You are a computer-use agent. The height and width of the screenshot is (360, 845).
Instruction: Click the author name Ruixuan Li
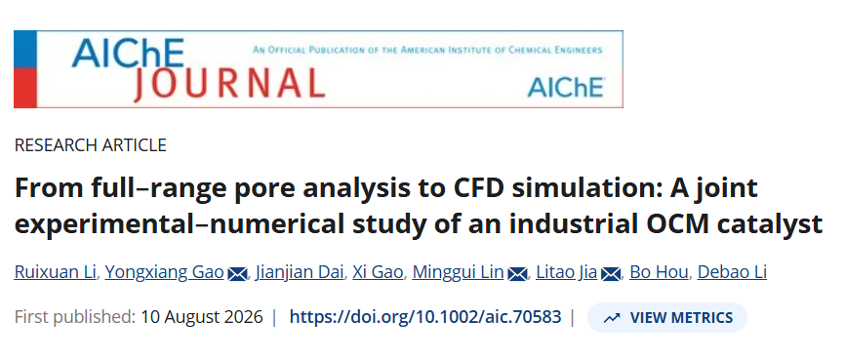(x=55, y=273)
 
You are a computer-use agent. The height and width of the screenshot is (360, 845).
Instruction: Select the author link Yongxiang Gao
(x=164, y=273)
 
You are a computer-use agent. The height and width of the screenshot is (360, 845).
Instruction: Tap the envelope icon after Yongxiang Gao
(x=237, y=274)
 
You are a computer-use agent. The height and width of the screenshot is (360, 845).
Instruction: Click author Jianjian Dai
(x=300, y=273)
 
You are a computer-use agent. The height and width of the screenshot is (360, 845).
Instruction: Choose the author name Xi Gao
(x=378, y=273)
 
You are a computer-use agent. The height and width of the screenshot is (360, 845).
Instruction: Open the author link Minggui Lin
(x=458, y=273)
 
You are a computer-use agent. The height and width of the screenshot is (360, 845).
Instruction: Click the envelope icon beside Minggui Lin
(x=517, y=274)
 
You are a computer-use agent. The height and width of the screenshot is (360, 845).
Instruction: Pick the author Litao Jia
(x=566, y=273)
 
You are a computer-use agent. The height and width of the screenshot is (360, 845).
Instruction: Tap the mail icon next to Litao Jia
(x=611, y=274)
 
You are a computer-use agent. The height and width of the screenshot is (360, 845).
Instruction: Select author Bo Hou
(x=659, y=273)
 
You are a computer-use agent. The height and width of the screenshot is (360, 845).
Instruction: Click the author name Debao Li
(x=732, y=273)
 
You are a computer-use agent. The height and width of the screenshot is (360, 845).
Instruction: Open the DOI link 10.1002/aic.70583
(x=425, y=317)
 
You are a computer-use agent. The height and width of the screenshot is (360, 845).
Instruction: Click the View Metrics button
(x=666, y=317)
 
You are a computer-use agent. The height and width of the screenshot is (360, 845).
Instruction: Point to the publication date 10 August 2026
(x=202, y=317)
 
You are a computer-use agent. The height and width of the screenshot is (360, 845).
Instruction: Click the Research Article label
(x=91, y=145)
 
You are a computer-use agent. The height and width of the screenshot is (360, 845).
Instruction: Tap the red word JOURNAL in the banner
(x=229, y=85)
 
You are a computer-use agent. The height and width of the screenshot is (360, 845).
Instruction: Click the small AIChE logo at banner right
(x=566, y=87)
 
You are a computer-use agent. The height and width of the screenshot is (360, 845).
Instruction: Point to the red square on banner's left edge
(x=25, y=88)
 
